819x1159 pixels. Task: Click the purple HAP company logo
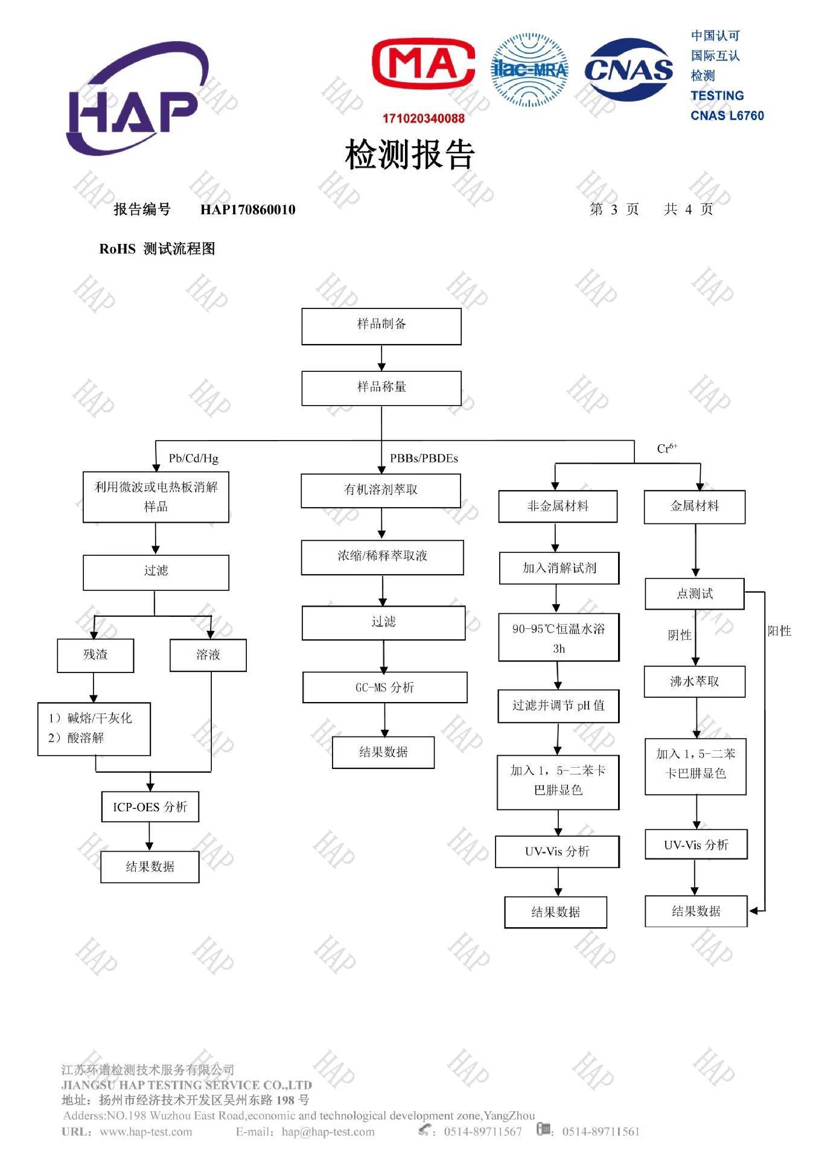click(x=136, y=100)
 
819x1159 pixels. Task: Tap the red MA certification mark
click(x=423, y=63)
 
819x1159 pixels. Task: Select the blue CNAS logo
click(x=628, y=69)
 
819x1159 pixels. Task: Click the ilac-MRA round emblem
click(x=530, y=70)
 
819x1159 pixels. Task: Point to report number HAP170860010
click(x=247, y=209)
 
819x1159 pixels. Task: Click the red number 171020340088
click(x=423, y=118)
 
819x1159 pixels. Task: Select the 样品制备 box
click(x=381, y=327)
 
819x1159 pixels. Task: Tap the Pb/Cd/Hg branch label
click(x=193, y=458)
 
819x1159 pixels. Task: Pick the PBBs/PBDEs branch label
click(x=424, y=458)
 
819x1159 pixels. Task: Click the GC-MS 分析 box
click(x=384, y=688)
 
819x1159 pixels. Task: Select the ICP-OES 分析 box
click(x=150, y=807)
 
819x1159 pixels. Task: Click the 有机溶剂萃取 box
click(x=381, y=490)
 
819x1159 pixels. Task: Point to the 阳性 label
click(x=779, y=631)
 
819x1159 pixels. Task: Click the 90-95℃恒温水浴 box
click(x=558, y=638)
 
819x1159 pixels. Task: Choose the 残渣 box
click(x=95, y=655)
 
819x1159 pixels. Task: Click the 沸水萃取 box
click(x=694, y=682)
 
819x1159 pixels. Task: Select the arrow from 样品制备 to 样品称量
click(x=381, y=358)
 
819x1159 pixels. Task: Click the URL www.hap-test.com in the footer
click(x=145, y=1132)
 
